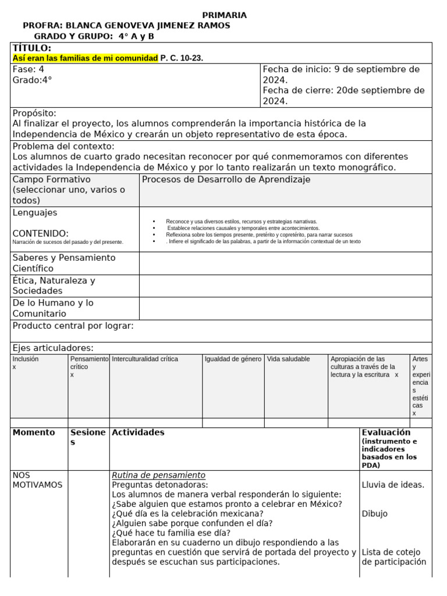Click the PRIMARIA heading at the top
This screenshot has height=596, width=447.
click(x=224, y=15)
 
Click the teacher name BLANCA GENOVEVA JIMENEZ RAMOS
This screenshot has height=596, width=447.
click(x=148, y=26)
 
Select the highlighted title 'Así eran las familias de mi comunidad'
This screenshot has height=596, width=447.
click(x=85, y=58)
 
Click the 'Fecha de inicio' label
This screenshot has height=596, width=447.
click(x=296, y=69)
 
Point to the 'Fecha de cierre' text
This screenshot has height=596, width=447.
click(x=297, y=91)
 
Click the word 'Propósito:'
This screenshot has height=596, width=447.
click(x=34, y=113)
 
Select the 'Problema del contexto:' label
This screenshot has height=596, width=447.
click(x=63, y=146)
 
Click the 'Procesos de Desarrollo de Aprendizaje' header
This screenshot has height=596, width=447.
click(x=226, y=179)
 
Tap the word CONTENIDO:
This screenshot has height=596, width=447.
click(x=41, y=233)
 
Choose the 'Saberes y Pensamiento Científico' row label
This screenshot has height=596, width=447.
click(x=64, y=263)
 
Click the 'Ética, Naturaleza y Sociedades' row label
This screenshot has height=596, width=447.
click(x=54, y=285)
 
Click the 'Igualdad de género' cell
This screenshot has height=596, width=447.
click(x=233, y=359)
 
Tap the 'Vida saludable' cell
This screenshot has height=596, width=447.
click(x=289, y=359)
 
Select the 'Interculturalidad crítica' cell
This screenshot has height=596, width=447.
click(x=145, y=359)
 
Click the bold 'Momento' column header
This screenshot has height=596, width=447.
click(x=34, y=432)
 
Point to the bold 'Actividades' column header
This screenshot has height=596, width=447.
click(x=138, y=432)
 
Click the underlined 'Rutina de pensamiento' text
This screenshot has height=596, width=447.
click(x=158, y=475)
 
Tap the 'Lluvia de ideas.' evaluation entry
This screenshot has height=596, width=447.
click(x=393, y=485)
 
